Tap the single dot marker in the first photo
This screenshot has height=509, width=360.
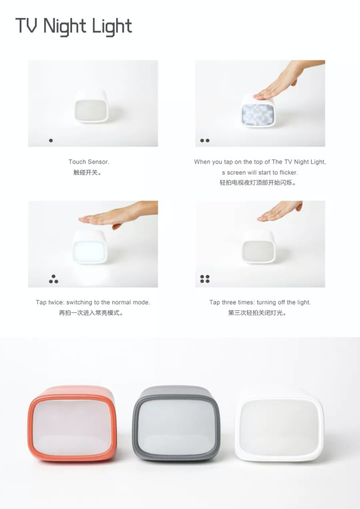click(x=50, y=141)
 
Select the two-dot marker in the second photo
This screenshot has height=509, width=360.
click(x=205, y=141)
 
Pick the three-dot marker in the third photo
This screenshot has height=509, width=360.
click(x=54, y=279)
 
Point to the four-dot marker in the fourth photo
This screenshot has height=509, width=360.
click(x=205, y=279)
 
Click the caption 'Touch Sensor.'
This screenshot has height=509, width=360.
click(x=89, y=162)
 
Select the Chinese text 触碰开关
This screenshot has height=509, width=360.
click(x=86, y=172)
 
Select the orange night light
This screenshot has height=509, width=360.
click(x=72, y=424)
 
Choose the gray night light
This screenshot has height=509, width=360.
click(x=176, y=423)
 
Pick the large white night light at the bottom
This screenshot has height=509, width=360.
click(x=279, y=425)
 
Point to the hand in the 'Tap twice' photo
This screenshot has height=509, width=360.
click(x=118, y=214)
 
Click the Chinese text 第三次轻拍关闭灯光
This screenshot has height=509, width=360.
click(x=257, y=313)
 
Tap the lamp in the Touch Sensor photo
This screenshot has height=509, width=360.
click(x=91, y=106)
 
